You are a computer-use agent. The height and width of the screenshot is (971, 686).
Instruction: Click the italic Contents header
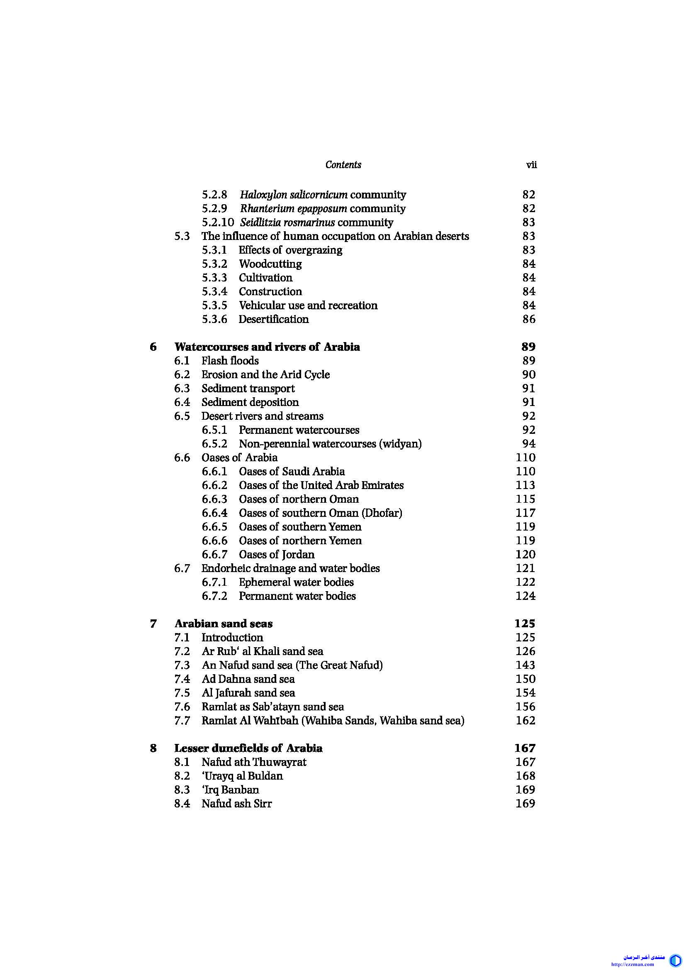343,165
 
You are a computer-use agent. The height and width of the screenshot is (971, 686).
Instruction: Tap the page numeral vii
531,165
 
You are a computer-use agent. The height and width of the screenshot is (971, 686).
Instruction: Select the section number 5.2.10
218,223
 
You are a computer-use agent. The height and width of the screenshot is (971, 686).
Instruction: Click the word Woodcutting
270,264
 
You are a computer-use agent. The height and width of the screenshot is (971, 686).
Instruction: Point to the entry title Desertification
274,319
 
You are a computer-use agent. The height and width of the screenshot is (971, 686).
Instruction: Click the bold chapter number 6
153,347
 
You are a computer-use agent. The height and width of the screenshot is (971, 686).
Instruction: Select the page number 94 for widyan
529,444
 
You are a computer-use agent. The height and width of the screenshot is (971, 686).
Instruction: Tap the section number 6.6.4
214,513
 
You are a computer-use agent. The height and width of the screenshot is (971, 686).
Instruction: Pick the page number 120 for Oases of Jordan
525,555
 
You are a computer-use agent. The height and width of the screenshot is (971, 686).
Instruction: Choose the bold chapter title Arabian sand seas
224,624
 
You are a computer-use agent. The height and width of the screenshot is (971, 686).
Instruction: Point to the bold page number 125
525,624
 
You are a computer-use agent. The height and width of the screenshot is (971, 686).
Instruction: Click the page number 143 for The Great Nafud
525,665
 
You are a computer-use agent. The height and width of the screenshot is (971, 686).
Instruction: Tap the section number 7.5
182,693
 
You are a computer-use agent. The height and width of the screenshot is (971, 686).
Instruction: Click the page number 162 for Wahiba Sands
525,721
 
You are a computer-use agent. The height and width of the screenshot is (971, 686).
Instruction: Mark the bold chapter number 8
153,748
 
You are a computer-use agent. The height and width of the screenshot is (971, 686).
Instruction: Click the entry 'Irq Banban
231,790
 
